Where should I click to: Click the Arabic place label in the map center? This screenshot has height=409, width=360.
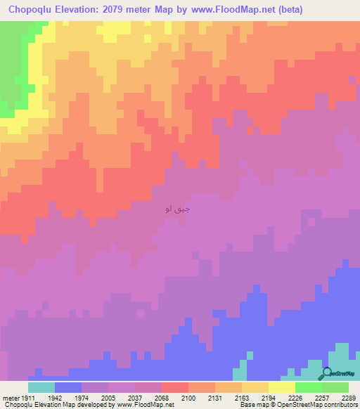(x=176, y=209)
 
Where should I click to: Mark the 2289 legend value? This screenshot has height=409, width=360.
(x=349, y=397)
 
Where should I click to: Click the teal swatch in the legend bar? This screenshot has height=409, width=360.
(x=41, y=387)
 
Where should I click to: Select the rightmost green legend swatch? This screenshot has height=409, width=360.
(x=335, y=387)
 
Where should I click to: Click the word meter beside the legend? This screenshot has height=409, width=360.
(x=12, y=397)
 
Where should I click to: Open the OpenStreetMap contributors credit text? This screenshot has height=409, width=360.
(x=324, y=405)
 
